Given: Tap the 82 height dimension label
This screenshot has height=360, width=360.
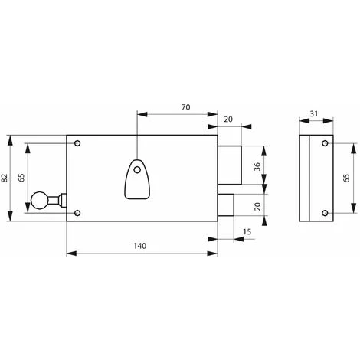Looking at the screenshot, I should pos(6,178).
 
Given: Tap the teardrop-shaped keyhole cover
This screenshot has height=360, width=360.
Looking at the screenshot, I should pos(136,178).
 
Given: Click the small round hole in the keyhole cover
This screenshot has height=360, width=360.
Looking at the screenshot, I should pos(136,170).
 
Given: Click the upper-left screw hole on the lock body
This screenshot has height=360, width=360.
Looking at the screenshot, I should pos(78,142).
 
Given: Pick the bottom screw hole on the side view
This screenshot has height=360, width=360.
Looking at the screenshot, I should pos(324,212).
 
